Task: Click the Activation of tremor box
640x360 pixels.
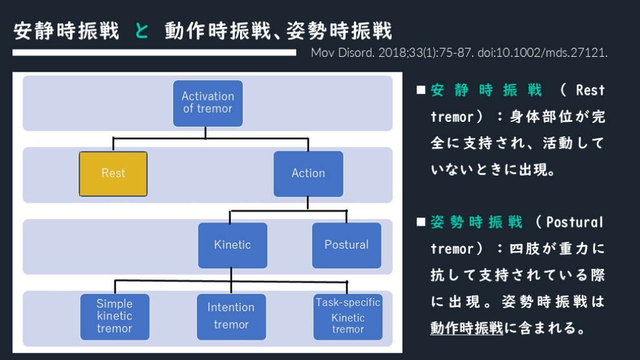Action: pyautogui.click(x=207, y=102)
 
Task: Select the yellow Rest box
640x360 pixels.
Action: pyautogui.click(x=113, y=173)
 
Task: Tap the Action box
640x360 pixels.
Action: pyautogui.click(x=308, y=173)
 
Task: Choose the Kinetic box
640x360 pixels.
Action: pyautogui.click(x=232, y=245)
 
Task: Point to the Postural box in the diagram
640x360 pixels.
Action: pyautogui.click(x=346, y=245)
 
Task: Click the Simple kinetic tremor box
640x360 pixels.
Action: pyautogui.click(x=114, y=316)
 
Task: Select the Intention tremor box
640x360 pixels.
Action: pyautogui.click(x=231, y=316)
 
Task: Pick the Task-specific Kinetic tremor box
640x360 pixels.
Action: pyautogui.click(x=347, y=316)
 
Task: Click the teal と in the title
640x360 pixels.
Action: pyautogui.click(x=142, y=31)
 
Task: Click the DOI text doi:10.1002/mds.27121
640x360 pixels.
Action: pyautogui.click(x=542, y=52)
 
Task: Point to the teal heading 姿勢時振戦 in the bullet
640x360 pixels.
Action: pyautogui.click(x=476, y=222)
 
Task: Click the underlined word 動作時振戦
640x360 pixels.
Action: pyautogui.click(x=466, y=327)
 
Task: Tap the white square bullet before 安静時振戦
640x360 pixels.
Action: pyautogui.click(x=421, y=91)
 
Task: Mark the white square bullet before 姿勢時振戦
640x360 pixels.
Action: pyautogui.click(x=421, y=222)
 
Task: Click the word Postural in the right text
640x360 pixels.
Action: pyautogui.click(x=574, y=222)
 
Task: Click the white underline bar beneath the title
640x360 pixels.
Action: pyautogui.click(x=154, y=52)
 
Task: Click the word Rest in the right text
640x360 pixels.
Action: pyautogui.click(x=590, y=91)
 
